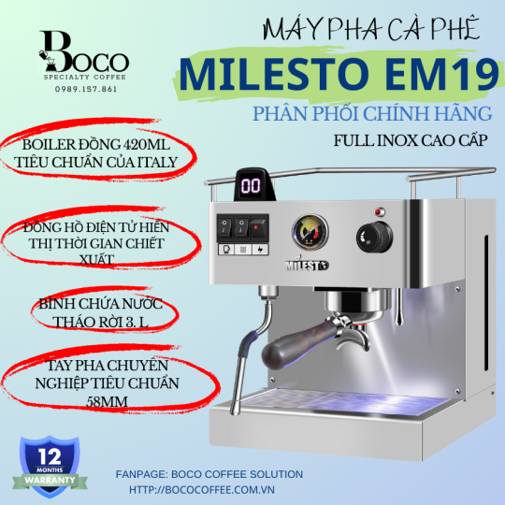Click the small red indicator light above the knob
click(379, 209)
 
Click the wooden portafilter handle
click(293, 351)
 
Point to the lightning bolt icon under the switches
click(259, 250)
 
